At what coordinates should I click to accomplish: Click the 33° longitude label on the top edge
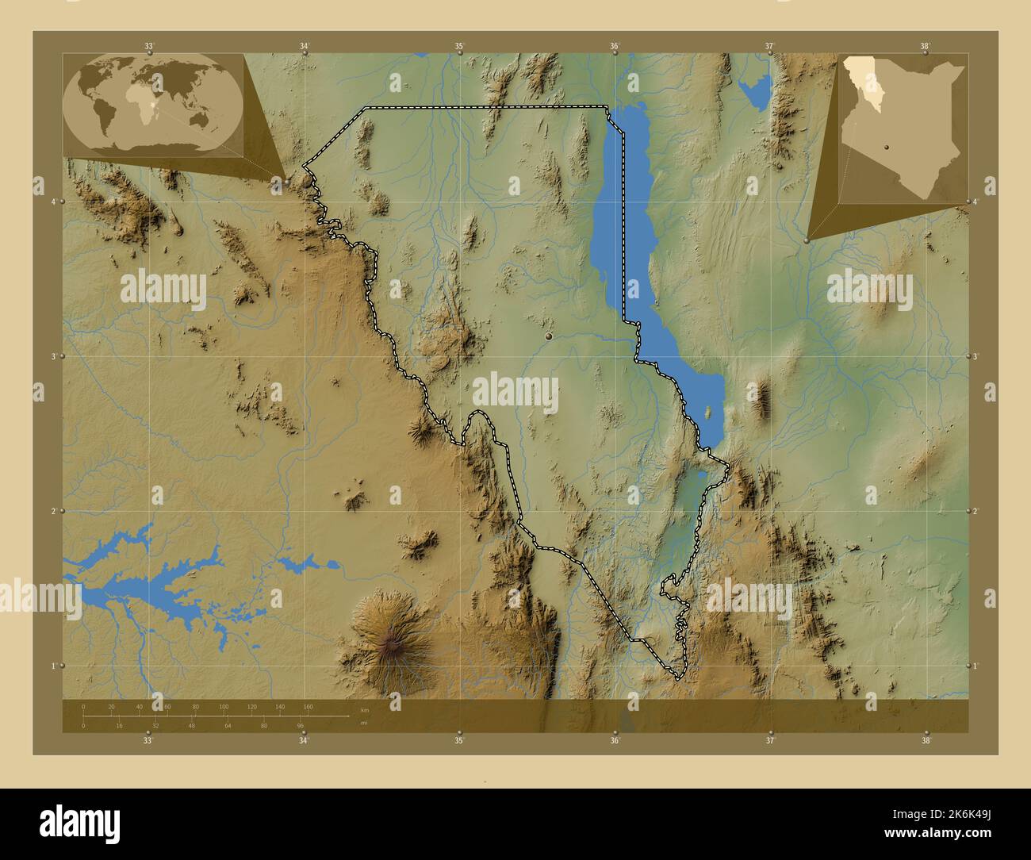(x=148, y=46)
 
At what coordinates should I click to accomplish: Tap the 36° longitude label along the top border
(x=615, y=46)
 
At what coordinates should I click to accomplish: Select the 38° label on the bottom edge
(x=925, y=740)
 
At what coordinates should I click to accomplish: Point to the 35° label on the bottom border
(x=459, y=740)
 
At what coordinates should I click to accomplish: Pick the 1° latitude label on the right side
(x=977, y=666)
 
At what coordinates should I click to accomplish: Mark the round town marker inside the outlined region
(x=548, y=338)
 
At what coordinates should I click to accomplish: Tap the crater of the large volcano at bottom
(x=389, y=645)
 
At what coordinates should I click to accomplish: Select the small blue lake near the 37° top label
(x=756, y=92)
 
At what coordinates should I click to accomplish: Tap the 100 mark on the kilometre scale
(x=224, y=706)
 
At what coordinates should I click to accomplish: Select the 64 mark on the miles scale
(x=228, y=725)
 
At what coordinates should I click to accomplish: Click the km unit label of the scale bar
(x=364, y=709)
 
